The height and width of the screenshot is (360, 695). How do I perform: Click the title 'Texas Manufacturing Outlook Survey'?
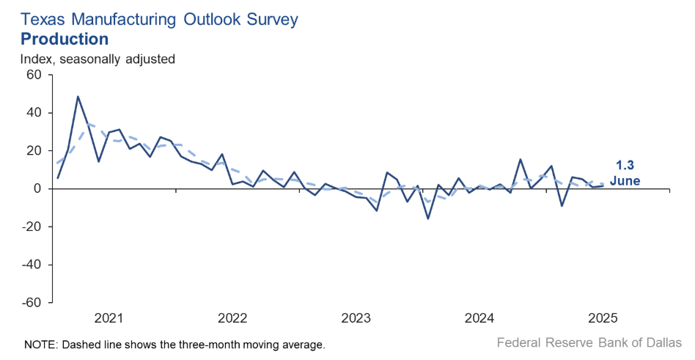(x=159, y=19)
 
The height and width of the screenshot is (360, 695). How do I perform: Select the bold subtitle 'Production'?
(x=65, y=39)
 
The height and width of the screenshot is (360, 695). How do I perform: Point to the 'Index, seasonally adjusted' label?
(x=98, y=59)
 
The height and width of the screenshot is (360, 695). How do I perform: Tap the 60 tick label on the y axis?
(x=34, y=75)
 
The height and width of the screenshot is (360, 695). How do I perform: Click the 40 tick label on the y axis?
(x=34, y=113)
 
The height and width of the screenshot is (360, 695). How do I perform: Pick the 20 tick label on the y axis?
(x=34, y=150)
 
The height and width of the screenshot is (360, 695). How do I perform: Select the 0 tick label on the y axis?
(x=37, y=188)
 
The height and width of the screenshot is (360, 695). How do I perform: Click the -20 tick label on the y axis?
(x=32, y=227)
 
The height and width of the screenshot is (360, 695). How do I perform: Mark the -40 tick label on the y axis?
(x=32, y=264)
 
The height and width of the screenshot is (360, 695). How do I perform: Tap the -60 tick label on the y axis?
(x=32, y=302)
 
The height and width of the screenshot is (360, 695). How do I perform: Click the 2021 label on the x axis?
(x=109, y=318)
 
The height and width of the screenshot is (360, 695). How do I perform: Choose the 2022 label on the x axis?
(x=233, y=318)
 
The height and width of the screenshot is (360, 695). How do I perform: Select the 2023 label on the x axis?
(x=356, y=318)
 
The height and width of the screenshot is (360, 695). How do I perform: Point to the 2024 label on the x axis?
(x=480, y=318)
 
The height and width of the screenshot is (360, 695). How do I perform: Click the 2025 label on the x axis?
(x=604, y=318)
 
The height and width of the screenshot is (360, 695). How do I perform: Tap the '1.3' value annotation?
(x=624, y=166)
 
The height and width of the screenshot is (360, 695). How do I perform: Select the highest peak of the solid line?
(x=78, y=97)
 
